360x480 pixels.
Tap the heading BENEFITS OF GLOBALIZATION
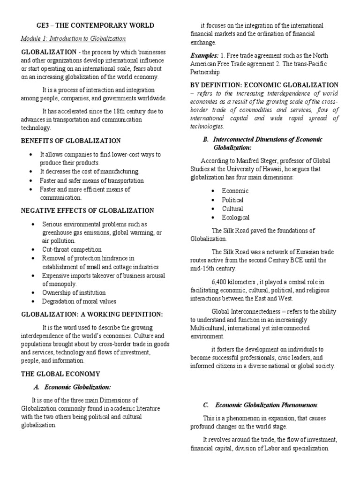(x=70, y=141)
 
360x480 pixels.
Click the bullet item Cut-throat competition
(x=71, y=249)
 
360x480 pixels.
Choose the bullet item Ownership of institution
(x=74, y=292)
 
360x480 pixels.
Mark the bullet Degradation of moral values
(x=79, y=301)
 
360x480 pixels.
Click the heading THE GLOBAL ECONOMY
(x=60, y=374)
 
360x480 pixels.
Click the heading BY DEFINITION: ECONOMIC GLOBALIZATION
(x=264, y=85)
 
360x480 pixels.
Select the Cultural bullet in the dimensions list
(x=232, y=209)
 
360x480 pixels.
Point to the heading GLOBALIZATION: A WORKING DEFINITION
(x=91, y=314)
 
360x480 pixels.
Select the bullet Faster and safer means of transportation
(x=92, y=180)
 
